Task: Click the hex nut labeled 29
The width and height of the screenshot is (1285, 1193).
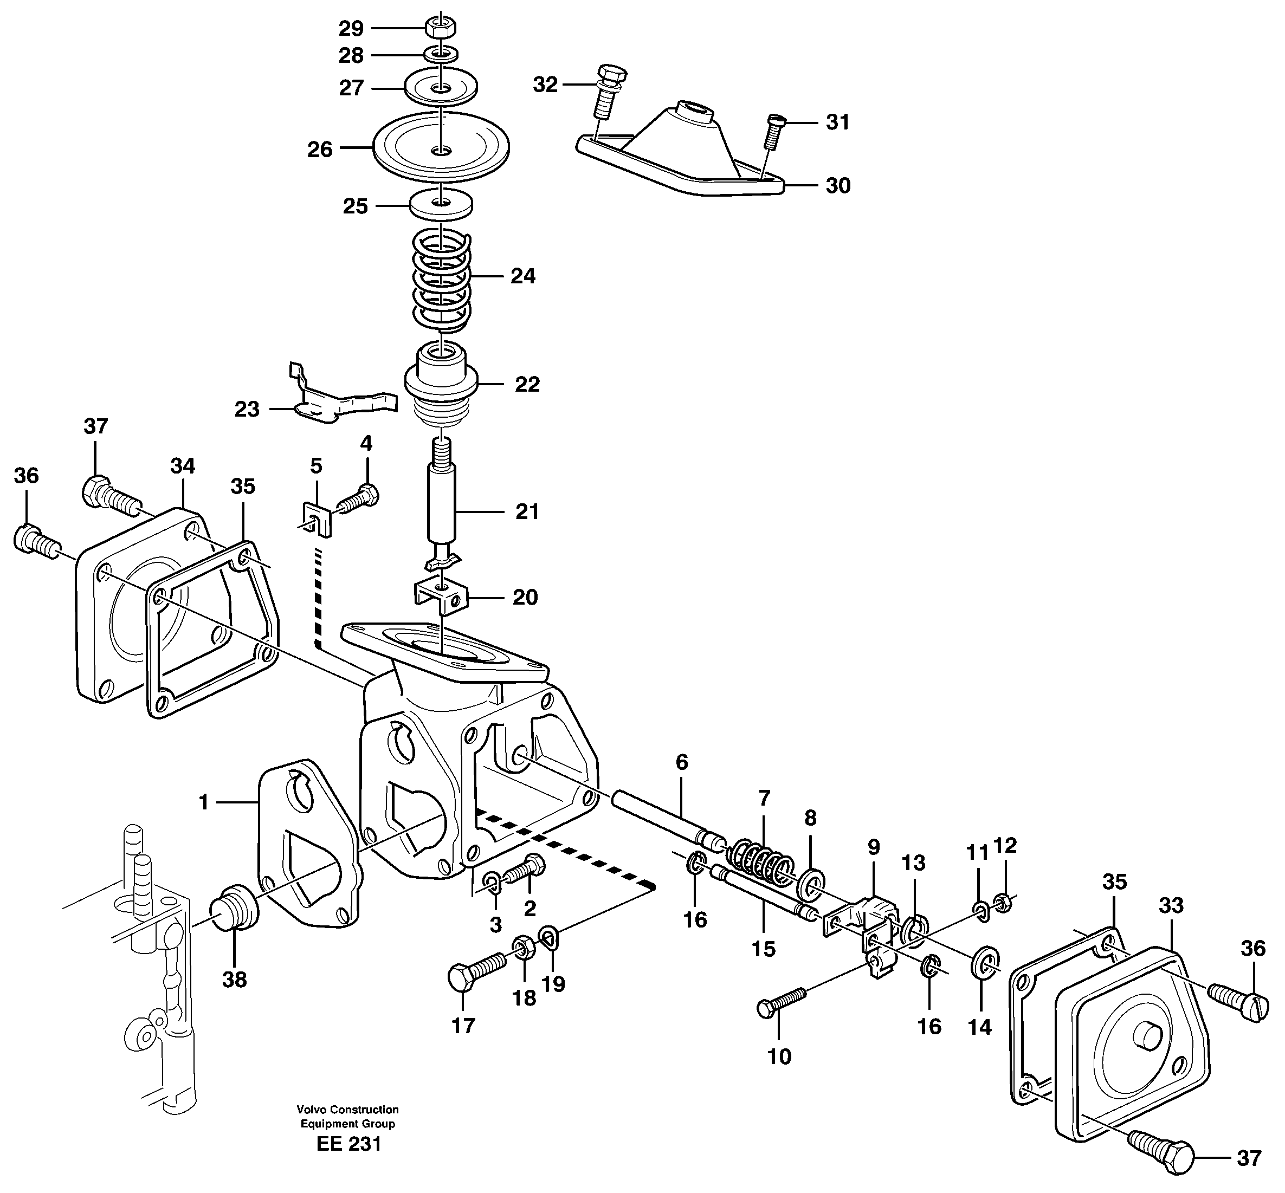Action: coord(441,27)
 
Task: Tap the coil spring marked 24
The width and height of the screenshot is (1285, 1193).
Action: coord(442,281)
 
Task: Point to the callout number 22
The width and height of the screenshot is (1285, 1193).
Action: coord(526,384)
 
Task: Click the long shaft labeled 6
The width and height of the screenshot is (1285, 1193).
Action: coord(658,816)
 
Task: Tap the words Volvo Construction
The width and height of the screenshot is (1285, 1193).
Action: coord(347,1110)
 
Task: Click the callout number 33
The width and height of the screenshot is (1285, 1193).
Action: coord(1171,906)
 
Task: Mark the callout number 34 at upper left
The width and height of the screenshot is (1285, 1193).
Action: coord(183,465)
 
